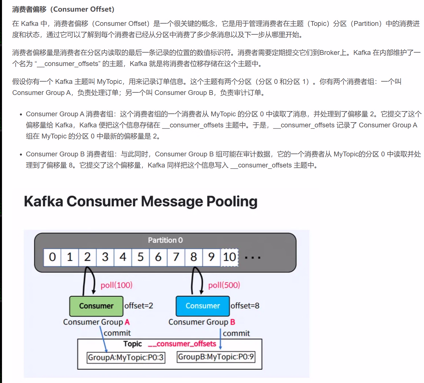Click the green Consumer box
click(96, 306)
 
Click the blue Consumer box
click(203, 306)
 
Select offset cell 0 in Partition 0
click(52, 257)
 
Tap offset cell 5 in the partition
click(141, 257)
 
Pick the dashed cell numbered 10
click(229, 257)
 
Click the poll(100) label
click(117, 285)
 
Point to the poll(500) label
click(224, 285)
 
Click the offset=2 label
click(139, 306)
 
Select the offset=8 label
click(245, 306)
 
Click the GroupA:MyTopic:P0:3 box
click(126, 357)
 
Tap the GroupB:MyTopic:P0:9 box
click(216, 357)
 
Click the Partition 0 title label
click(165, 240)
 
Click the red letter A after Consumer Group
click(127, 322)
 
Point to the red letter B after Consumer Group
click(232, 322)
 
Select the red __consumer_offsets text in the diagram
click(182, 344)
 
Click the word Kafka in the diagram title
click(43, 201)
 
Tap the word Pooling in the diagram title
click(232, 201)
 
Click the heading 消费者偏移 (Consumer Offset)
click(63, 9)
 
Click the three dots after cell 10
click(253, 258)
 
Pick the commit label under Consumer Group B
click(236, 333)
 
